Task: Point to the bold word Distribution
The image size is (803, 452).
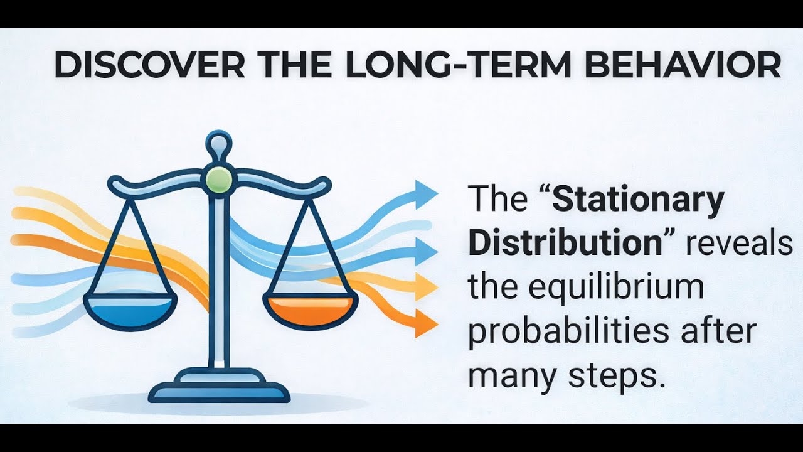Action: (x=565, y=243)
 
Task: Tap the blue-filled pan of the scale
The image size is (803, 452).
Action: (x=130, y=310)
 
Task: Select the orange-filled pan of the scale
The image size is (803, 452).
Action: (x=311, y=310)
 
